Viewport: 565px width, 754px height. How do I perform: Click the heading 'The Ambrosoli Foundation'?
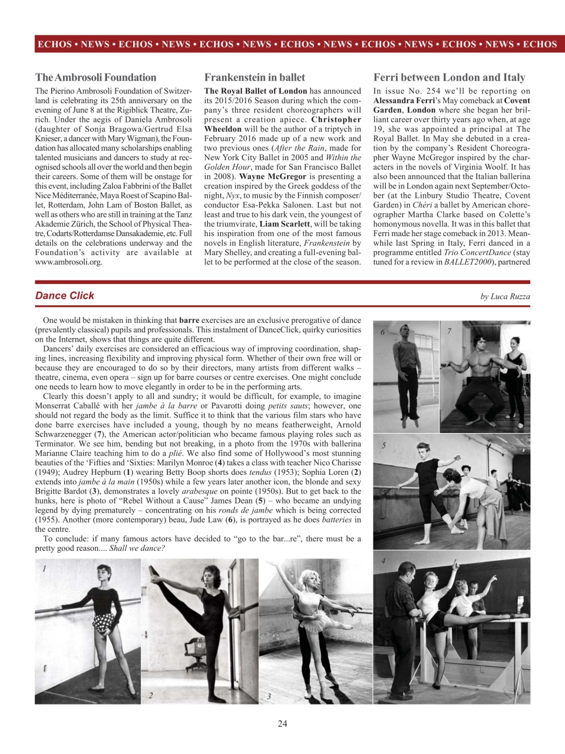pyautogui.click(x=95, y=77)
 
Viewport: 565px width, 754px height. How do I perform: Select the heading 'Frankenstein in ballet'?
pyautogui.click(x=255, y=77)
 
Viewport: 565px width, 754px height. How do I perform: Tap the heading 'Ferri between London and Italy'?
pyautogui.click(x=449, y=77)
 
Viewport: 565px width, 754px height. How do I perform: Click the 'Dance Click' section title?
pyautogui.click(x=65, y=296)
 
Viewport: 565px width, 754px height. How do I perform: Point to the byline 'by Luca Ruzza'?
pyautogui.click(x=505, y=296)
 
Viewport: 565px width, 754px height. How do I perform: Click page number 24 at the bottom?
pyautogui.click(x=282, y=723)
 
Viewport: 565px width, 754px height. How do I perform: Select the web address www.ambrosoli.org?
pyautogui.click(x=68, y=262)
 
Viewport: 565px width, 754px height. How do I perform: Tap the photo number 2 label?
pyautogui.click(x=151, y=695)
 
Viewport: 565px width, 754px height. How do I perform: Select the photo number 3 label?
pyautogui.click(x=269, y=696)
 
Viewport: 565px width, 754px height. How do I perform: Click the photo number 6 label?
pyautogui.click(x=382, y=332)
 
